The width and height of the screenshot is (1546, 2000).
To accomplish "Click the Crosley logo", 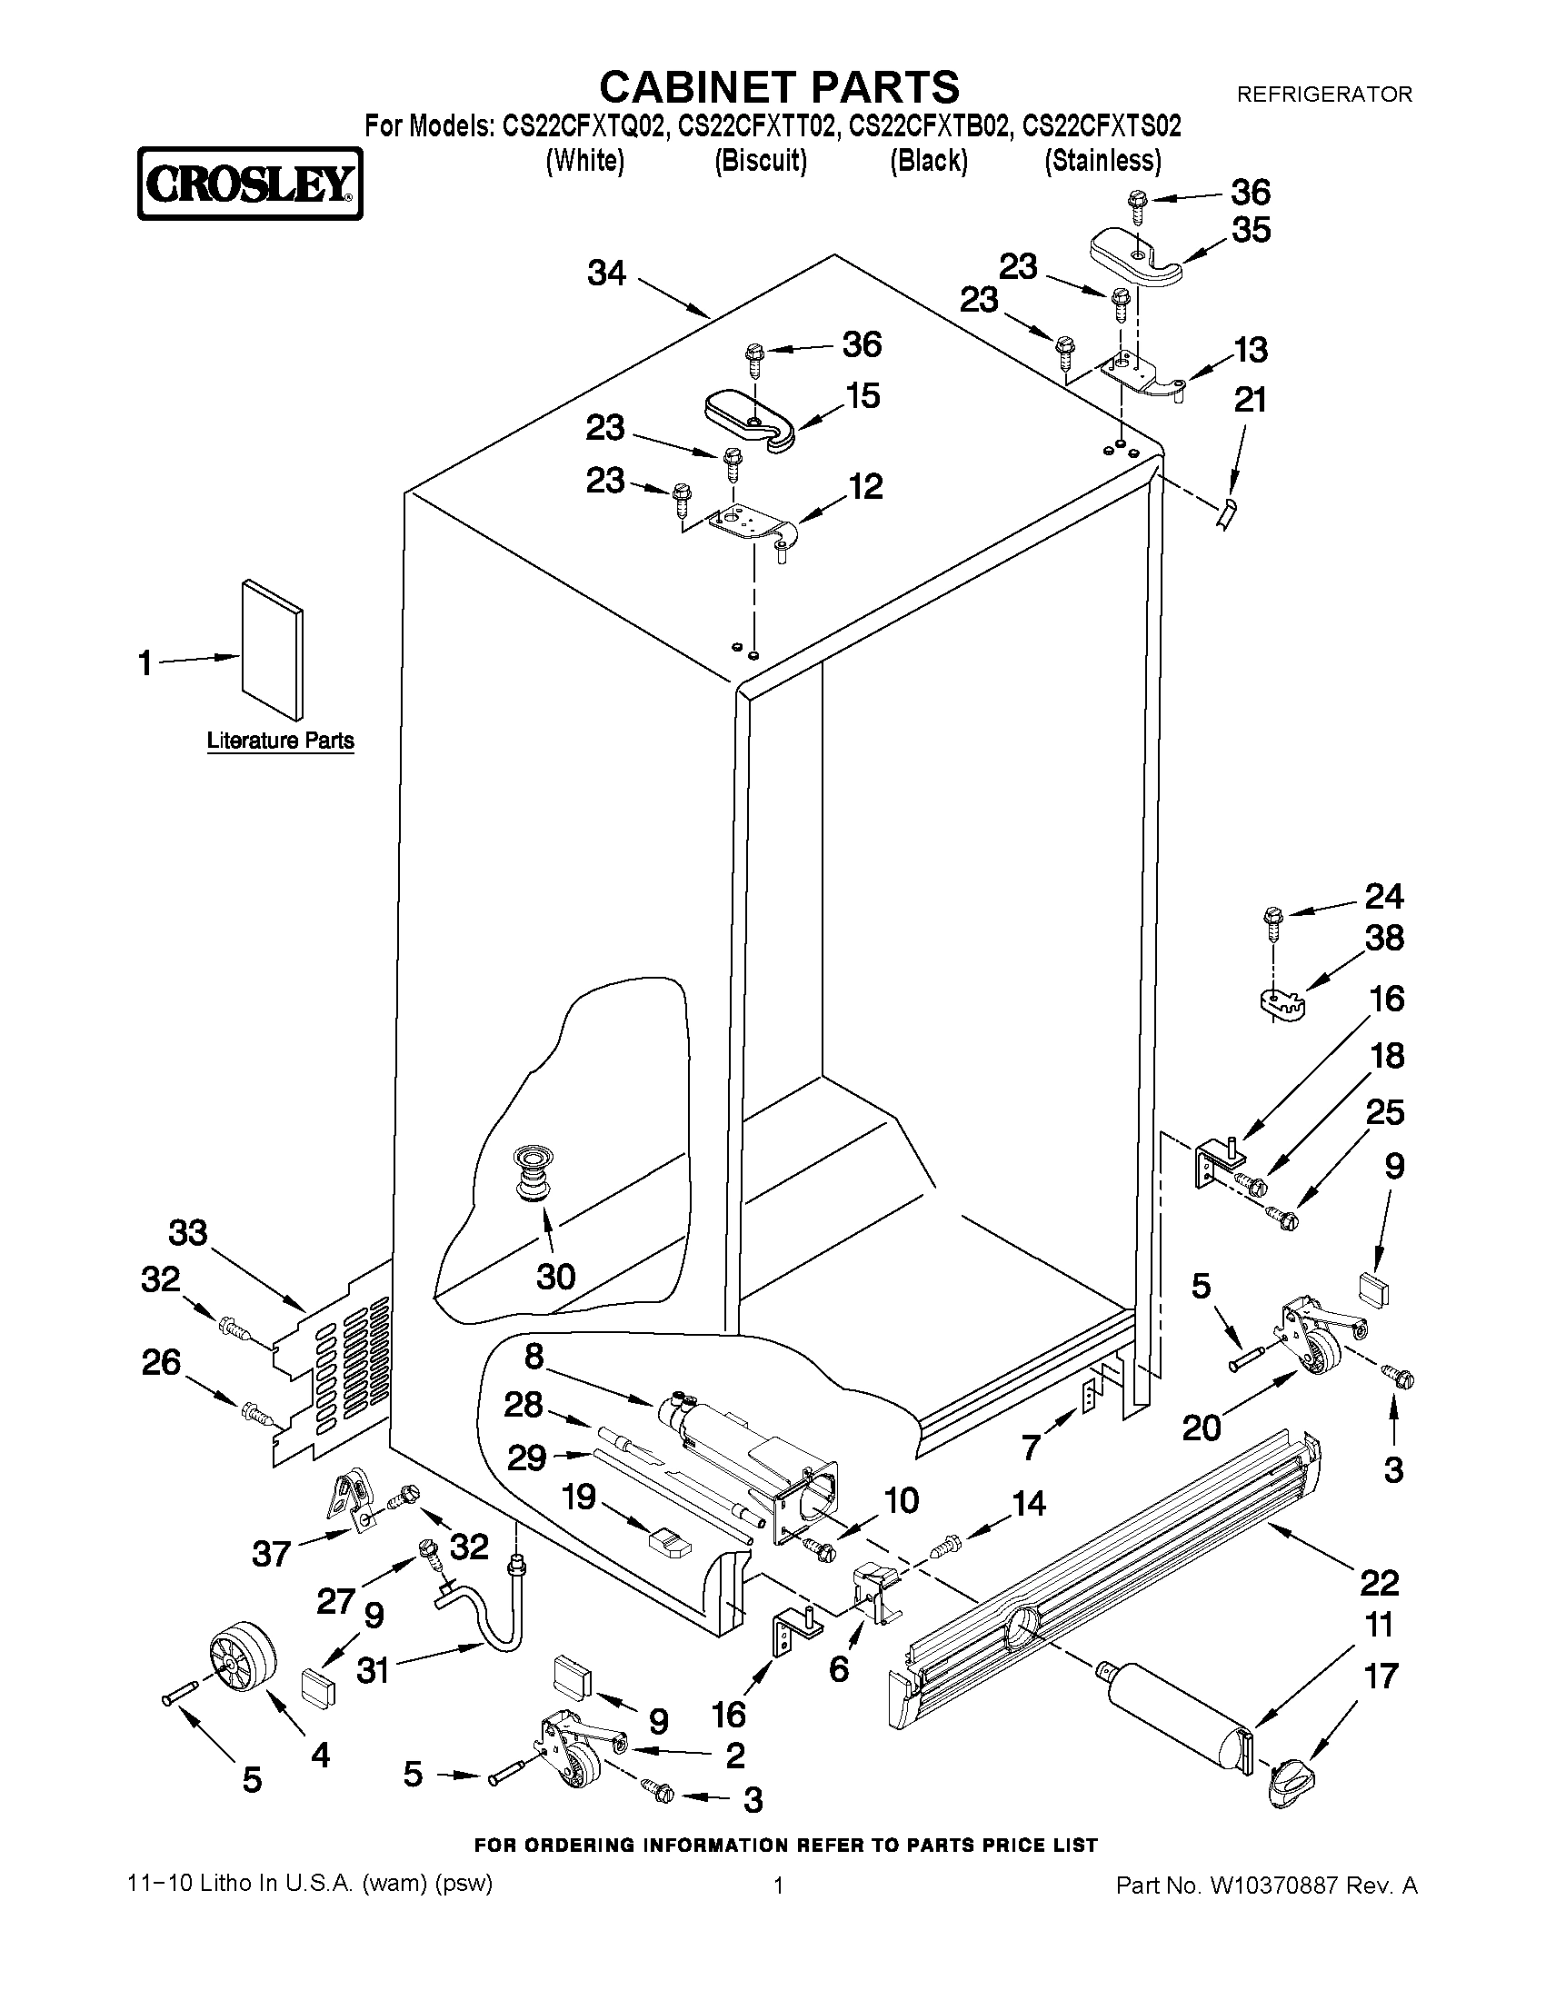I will [x=249, y=184].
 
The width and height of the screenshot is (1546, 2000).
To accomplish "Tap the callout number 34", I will [x=606, y=272].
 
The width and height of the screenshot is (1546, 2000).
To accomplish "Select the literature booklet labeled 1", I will [x=272, y=649].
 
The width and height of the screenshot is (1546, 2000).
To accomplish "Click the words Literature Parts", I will [x=280, y=740].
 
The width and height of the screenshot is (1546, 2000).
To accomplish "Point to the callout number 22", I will [x=1380, y=1581].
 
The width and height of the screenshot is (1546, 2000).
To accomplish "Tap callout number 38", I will [x=1384, y=938].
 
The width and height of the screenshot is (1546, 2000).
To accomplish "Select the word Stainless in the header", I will [x=1102, y=160].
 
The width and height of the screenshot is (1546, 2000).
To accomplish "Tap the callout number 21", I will [x=1251, y=399].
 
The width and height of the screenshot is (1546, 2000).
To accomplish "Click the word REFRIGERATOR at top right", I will [x=1323, y=95].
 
